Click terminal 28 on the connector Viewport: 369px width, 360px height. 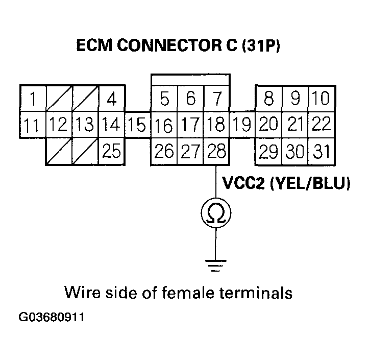click(216, 152)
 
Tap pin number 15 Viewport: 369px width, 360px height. click(137, 124)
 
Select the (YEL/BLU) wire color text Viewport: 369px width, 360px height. click(311, 183)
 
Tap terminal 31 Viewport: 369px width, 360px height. click(322, 152)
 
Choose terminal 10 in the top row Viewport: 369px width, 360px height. click(321, 98)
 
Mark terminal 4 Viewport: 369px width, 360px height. click(111, 98)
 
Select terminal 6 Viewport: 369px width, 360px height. click(190, 98)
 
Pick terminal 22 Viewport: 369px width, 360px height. click(321, 124)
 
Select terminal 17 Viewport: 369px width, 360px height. click(190, 124)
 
